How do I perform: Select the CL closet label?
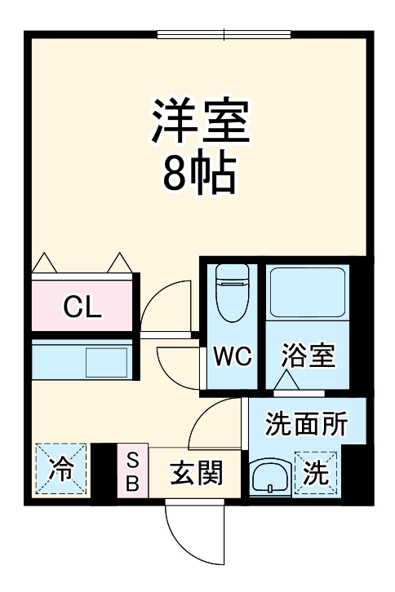pos(82,307)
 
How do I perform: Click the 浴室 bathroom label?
pos(308,356)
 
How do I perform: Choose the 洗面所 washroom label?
pos(307,424)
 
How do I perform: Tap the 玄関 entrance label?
pos(196,473)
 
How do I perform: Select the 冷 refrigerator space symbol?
pos(60,469)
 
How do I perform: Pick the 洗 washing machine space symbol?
pos(316,473)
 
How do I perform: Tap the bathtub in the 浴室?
pos(308,292)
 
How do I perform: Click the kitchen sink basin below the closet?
pos(107,360)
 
